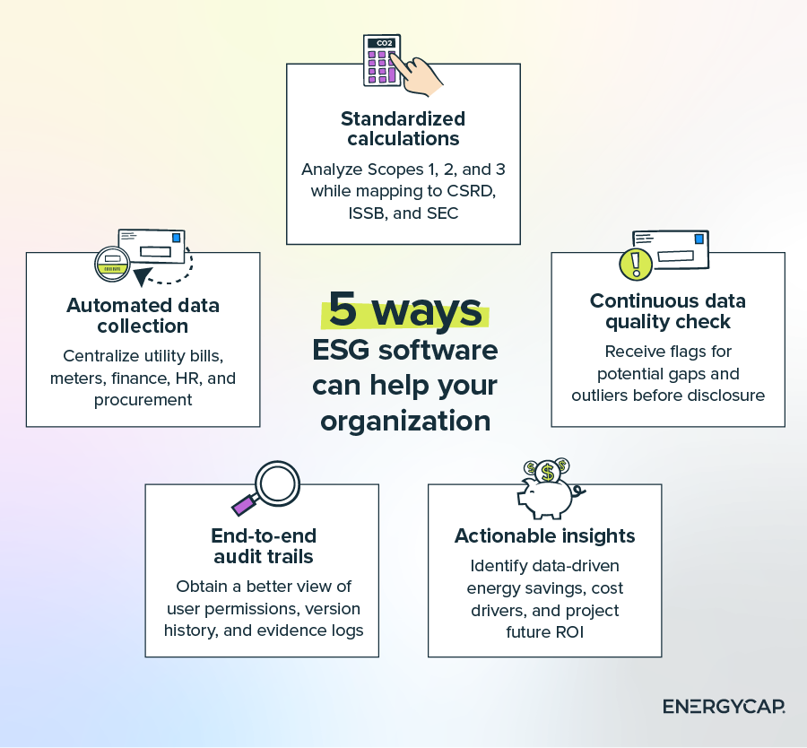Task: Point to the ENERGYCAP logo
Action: point(724,707)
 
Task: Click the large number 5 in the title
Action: point(345,309)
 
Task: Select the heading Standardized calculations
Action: point(403,128)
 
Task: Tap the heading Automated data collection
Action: point(143,315)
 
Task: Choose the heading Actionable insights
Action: point(544,536)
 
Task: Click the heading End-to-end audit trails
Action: point(264,546)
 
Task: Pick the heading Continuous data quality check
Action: point(667,310)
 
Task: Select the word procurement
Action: point(143,400)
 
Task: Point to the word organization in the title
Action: point(405,420)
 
